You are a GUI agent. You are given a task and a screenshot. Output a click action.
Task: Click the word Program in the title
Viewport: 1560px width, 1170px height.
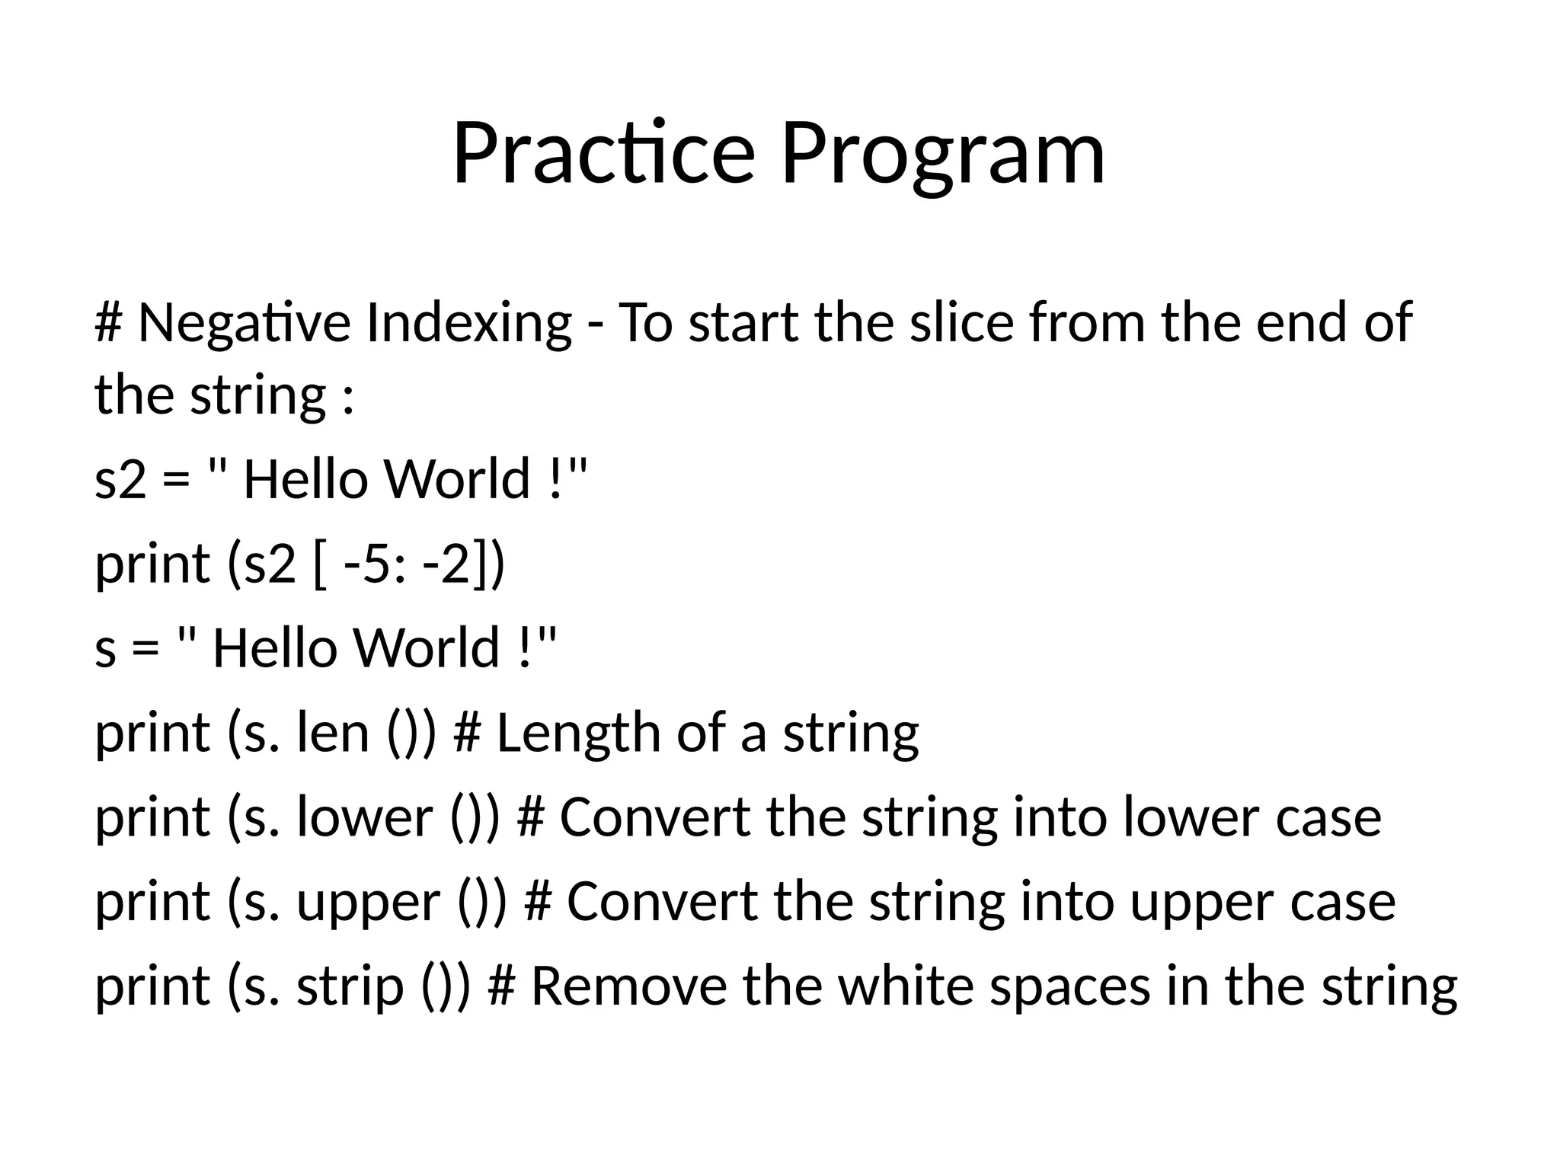click(x=942, y=156)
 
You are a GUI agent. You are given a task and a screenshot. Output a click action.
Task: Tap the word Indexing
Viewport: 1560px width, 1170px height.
click(x=468, y=323)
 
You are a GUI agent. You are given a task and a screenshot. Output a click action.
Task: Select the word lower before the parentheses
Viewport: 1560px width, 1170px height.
click(x=365, y=817)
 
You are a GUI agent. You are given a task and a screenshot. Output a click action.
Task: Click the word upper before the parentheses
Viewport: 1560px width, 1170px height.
click(x=369, y=903)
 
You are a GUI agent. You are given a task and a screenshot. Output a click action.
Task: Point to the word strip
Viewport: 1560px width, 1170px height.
click(x=350, y=986)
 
